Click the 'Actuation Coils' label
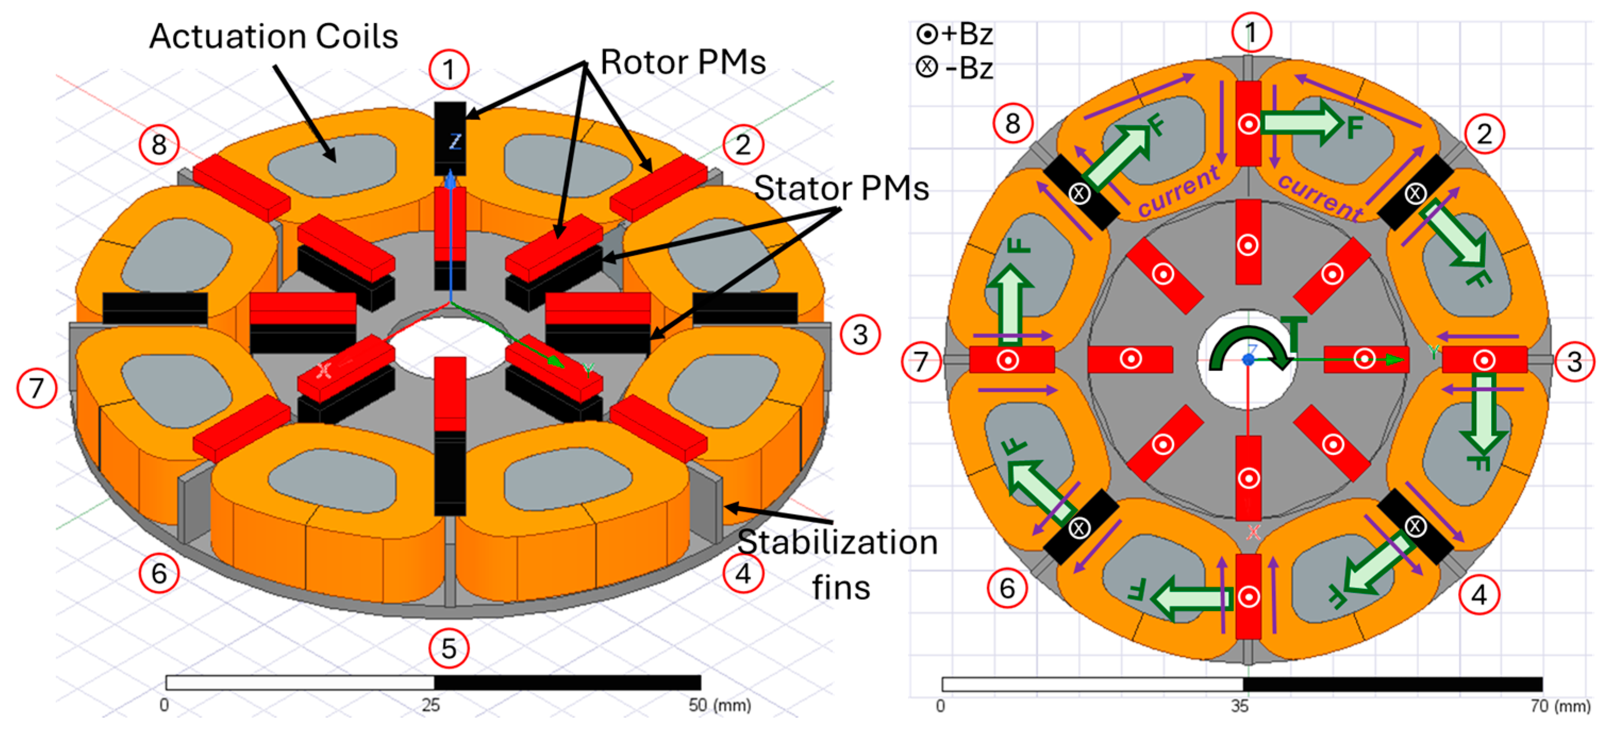pyautogui.click(x=273, y=36)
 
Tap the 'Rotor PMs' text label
pyautogui.click(x=683, y=63)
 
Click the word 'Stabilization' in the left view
pyautogui.click(x=837, y=542)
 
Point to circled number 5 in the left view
pyautogui.click(x=449, y=648)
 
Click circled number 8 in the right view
pyautogui.click(x=1013, y=124)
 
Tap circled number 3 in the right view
pyautogui.click(x=1574, y=362)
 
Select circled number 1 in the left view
pyautogui.click(x=449, y=70)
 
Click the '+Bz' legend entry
pyautogui.click(x=955, y=34)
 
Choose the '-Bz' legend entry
pyautogui.click(x=955, y=68)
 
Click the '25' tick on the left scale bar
pyautogui.click(x=431, y=705)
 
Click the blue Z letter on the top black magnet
pyautogui.click(x=455, y=142)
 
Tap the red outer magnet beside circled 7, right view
pyautogui.click(x=1011, y=360)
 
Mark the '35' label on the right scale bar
pyautogui.click(x=1240, y=707)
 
